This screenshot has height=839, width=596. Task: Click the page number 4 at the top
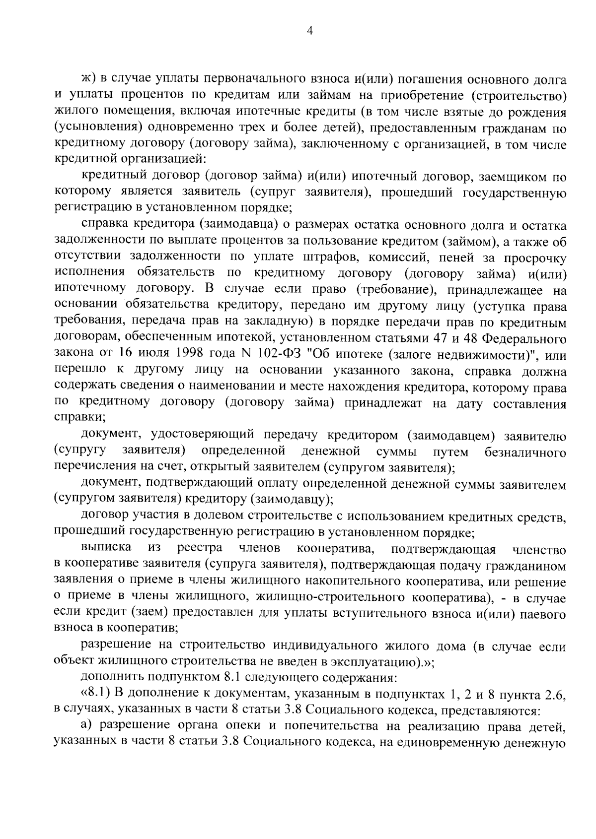click(310, 31)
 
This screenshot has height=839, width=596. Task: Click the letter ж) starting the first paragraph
click(87, 80)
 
